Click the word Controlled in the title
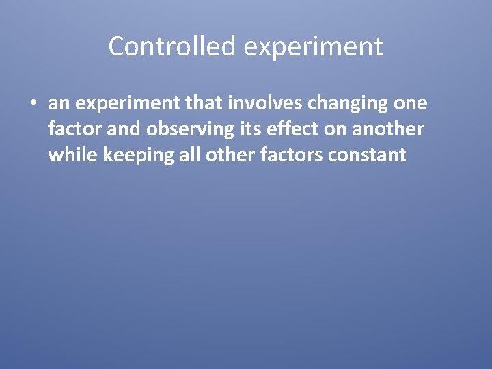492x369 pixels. coord(172,46)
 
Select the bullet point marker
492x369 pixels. coord(33,103)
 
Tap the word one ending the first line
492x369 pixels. coord(410,103)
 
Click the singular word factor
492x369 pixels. coord(74,128)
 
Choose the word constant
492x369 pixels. coord(368,154)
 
